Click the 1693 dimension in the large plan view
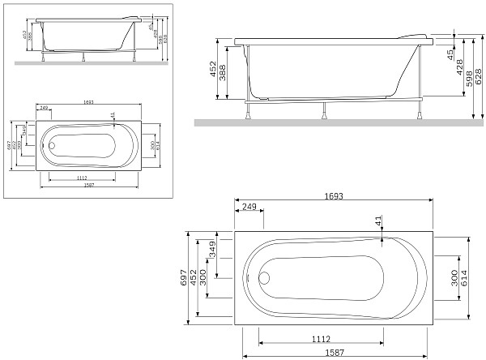pyautogui.click(x=333, y=195)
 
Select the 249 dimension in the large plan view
pyautogui.click(x=249, y=208)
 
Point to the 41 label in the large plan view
pyautogui.click(x=378, y=221)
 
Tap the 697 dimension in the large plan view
pyautogui.click(x=185, y=278)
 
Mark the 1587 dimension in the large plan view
pyautogui.click(x=333, y=354)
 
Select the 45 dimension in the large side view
pyautogui.click(x=450, y=54)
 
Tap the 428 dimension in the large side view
pyautogui.click(x=459, y=68)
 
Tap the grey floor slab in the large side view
pyautogui.click(x=340, y=122)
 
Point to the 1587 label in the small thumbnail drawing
pyautogui.click(x=88, y=185)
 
